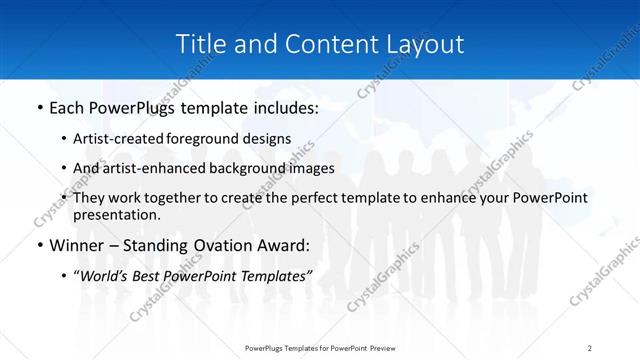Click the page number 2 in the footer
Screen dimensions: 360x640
(589, 348)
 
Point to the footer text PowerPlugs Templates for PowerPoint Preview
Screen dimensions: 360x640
(319, 348)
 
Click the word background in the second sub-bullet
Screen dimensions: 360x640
(254, 168)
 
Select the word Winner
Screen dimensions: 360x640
(76, 245)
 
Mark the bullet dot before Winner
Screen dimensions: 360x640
(39, 246)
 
